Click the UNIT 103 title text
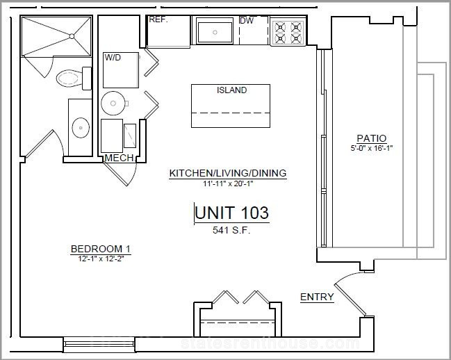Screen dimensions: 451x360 (x=231, y=213)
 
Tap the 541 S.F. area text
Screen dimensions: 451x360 (x=231, y=230)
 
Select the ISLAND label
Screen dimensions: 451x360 (x=231, y=90)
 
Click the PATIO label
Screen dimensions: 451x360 (x=372, y=138)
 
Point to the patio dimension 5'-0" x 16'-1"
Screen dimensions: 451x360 (x=372, y=148)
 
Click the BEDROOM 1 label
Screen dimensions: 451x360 (x=101, y=249)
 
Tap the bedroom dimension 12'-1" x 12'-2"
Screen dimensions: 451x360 (x=101, y=259)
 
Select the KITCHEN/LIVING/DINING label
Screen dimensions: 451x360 (x=228, y=173)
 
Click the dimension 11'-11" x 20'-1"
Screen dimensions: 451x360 (x=228, y=183)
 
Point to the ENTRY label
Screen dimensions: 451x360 (x=317, y=297)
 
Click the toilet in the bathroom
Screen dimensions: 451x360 (x=74, y=79)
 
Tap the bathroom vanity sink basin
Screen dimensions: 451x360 (x=81, y=128)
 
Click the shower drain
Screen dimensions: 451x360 (x=72, y=36)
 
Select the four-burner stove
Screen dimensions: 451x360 (x=288, y=32)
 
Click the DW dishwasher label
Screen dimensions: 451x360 (x=247, y=21)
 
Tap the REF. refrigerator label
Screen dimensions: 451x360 (x=158, y=19)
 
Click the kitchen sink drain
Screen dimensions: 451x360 (x=215, y=32)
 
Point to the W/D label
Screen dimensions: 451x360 (x=113, y=58)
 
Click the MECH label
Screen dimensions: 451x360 (x=119, y=158)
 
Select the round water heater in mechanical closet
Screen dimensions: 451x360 (x=113, y=104)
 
